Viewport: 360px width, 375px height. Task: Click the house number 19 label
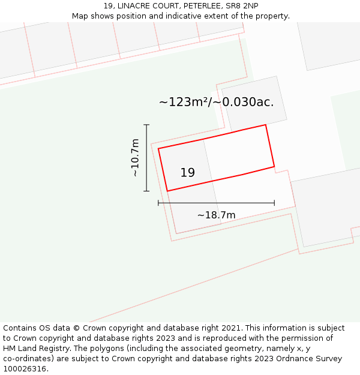point(187,173)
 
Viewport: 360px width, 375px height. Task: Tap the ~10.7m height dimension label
point(135,157)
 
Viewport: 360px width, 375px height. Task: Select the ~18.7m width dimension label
point(216,215)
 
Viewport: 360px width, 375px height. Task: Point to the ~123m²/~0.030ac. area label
point(216,102)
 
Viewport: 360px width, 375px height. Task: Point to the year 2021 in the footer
point(232,328)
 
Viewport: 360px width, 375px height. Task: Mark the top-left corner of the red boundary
point(158,148)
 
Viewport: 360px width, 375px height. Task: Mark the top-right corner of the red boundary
point(266,125)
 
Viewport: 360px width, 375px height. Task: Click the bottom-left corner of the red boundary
point(167,191)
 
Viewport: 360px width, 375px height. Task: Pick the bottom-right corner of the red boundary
point(274,166)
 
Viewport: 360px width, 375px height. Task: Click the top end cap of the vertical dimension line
point(146,125)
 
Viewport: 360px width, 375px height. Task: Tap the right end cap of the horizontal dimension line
point(274,203)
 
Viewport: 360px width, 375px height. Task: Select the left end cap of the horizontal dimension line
point(158,203)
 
